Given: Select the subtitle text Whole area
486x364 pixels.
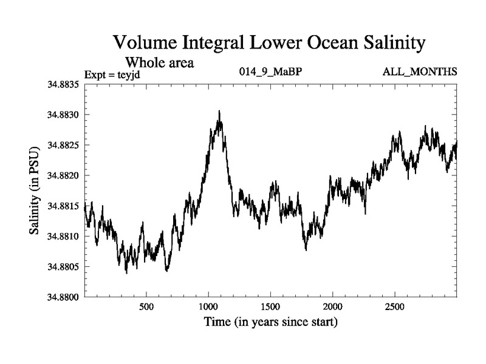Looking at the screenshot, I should coord(159,62).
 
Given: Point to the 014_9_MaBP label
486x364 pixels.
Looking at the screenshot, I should coord(271,72).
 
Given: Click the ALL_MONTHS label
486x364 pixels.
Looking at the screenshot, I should coord(420,72).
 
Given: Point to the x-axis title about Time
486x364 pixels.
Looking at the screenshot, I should coord(271,322).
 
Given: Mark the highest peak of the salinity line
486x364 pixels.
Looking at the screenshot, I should coord(219,111).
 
